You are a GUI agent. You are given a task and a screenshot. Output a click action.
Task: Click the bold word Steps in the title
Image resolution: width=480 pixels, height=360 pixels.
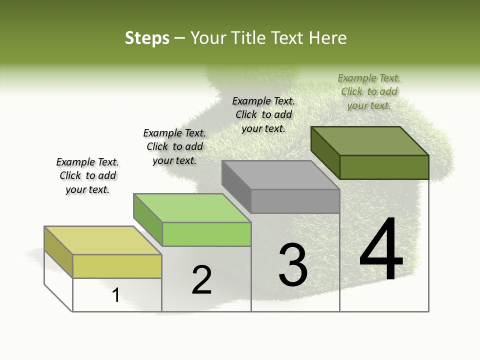coord(147,38)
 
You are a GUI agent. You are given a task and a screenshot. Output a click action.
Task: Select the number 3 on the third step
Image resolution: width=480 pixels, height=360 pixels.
coord(293,265)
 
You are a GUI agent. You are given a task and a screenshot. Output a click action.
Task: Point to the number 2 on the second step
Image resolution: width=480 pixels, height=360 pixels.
coord(202,279)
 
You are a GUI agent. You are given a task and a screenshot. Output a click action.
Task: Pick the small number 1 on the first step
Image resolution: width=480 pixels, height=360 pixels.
coord(116,295)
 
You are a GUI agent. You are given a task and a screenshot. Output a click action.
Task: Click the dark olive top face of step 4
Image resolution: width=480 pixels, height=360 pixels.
coord(370,140)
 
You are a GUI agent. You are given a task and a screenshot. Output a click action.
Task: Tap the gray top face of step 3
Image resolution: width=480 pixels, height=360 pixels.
coord(280,175)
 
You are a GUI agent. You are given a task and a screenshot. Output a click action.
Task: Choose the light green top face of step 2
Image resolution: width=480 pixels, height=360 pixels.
coord(192,208)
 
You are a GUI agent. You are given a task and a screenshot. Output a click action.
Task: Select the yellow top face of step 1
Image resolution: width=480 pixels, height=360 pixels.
coord(103,240)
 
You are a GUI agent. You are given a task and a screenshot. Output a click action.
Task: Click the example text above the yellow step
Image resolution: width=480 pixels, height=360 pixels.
coord(87,175)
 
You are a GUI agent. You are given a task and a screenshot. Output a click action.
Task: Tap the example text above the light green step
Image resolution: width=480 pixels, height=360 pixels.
coord(174,146)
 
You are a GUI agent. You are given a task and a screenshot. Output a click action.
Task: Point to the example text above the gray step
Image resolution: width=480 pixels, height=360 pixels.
coord(263,114)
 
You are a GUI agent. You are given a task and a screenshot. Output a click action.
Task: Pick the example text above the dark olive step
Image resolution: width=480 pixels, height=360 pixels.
coord(369,91)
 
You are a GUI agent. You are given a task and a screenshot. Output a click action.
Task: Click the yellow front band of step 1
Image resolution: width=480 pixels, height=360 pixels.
coord(117,266)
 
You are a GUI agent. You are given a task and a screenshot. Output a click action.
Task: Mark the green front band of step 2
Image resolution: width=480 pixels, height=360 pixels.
coord(206,234)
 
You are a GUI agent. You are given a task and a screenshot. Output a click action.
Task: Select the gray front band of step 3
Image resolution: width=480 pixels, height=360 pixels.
coord(295,201)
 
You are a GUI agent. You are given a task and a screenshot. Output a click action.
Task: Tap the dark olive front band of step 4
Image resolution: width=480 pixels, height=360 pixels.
coord(384,167)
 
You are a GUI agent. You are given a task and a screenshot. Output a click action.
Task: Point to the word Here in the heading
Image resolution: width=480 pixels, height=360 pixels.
coord(328,38)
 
